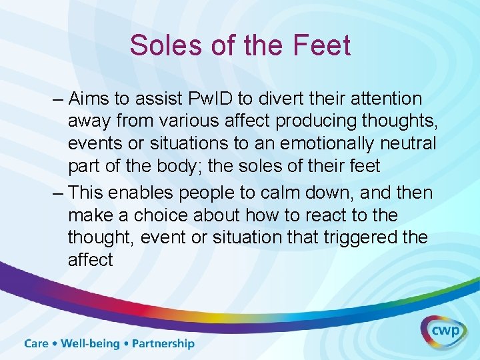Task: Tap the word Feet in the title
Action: click(323, 45)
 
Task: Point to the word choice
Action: click(169, 215)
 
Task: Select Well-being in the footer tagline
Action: click(90, 344)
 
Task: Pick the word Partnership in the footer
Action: click(163, 344)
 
